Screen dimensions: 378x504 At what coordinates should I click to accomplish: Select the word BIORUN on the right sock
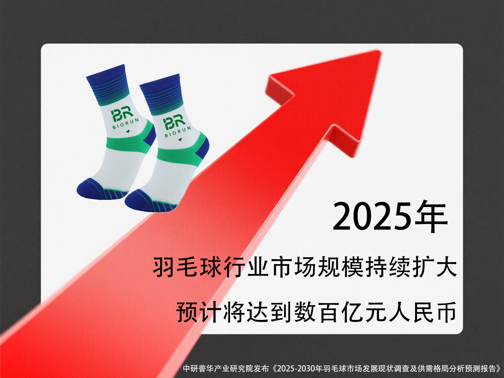178,132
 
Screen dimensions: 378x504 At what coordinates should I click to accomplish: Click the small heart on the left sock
128,132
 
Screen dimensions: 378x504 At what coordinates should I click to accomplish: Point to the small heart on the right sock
180,140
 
